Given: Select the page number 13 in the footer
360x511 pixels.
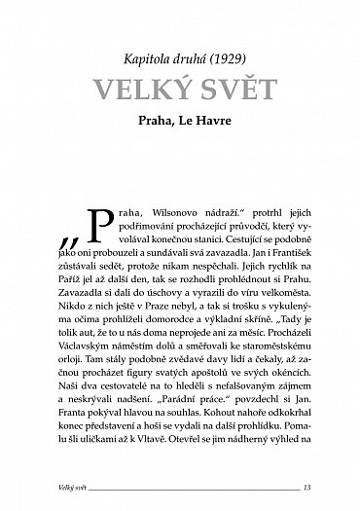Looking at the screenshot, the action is coord(306,487).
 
